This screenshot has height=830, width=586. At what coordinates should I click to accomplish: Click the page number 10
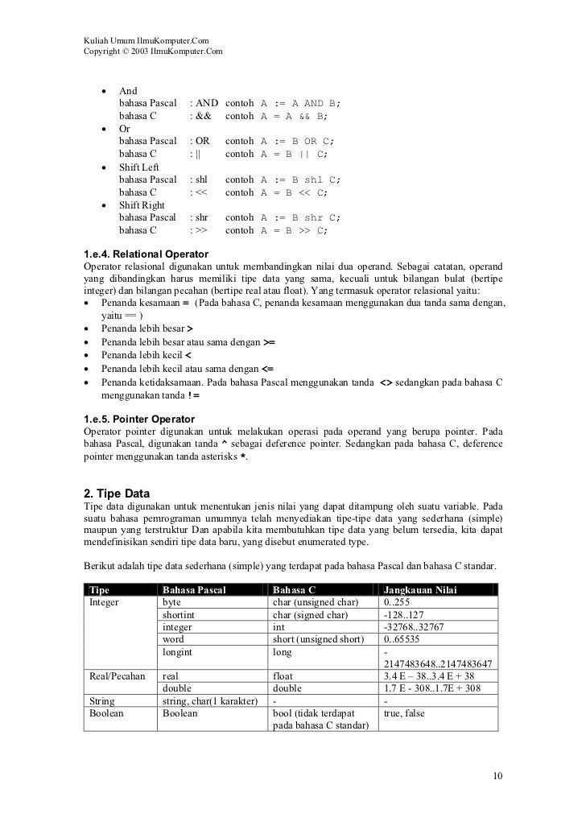coord(497,776)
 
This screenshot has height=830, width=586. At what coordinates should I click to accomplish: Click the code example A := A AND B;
coord(300,104)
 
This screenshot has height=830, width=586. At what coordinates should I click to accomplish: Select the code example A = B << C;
coord(295,192)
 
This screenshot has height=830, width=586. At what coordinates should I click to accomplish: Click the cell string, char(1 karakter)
coord(209,701)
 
